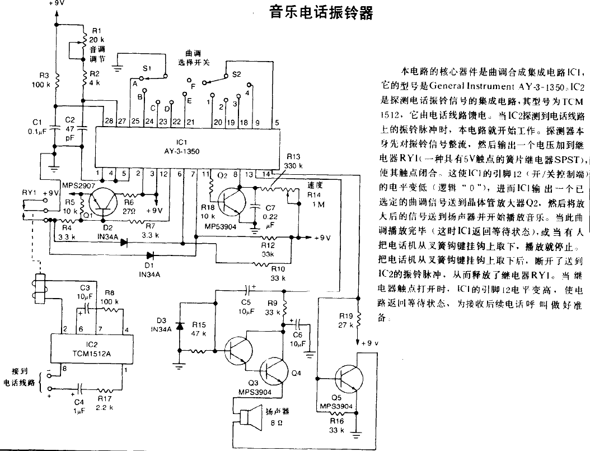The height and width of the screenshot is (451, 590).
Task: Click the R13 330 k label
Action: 293,161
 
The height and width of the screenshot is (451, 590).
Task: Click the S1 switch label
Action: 147,68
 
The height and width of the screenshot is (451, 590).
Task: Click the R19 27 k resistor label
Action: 345,320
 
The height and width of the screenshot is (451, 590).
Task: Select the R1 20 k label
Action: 97,35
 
